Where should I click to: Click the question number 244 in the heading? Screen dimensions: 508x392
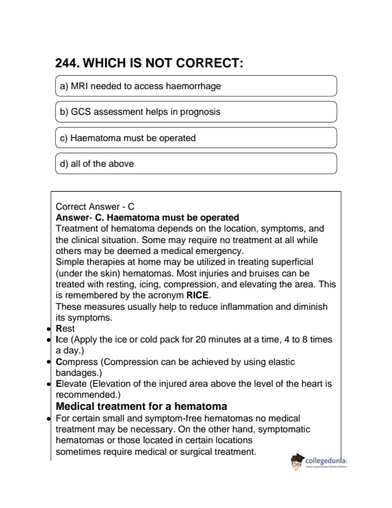[x=68, y=63]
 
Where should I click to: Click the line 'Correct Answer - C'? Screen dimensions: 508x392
[x=95, y=207]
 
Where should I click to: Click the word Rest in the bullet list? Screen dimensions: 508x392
[x=66, y=328]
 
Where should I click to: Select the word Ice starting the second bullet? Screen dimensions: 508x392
[x=62, y=339]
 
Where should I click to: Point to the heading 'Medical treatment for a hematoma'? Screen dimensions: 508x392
[x=141, y=407]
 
